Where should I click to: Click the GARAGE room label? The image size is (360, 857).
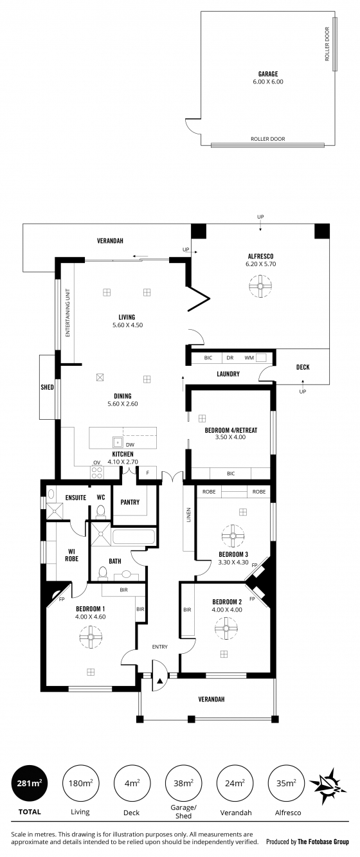(x=268, y=74)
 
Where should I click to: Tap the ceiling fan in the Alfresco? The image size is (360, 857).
(x=260, y=286)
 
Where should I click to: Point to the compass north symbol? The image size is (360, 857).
(x=327, y=783)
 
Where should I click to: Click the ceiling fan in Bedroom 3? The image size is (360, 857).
(x=233, y=536)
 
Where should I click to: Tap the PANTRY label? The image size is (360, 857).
(x=130, y=502)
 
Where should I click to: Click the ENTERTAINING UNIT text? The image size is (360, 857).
(x=67, y=312)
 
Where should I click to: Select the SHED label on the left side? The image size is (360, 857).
(x=47, y=387)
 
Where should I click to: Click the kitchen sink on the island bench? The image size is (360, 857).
(x=118, y=442)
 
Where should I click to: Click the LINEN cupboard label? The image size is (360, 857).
(x=188, y=515)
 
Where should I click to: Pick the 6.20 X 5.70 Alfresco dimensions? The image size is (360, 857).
(x=260, y=264)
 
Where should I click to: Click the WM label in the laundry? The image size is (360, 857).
(x=249, y=358)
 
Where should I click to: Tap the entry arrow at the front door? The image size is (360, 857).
(x=160, y=681)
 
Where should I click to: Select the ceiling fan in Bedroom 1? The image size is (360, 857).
(x=91, y=636)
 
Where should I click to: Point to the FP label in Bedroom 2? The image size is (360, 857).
(x=252, y=599)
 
